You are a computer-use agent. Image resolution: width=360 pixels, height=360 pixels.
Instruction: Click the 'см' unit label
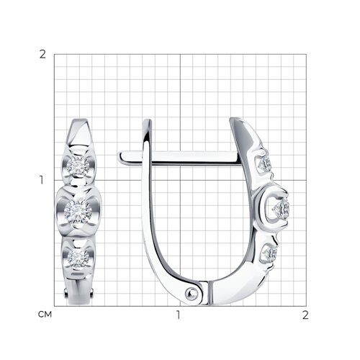coord(45,315)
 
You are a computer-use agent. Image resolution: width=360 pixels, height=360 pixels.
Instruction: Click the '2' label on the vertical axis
coord(42,55)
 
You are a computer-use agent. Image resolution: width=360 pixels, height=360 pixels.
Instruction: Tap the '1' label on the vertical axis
coord(42,180)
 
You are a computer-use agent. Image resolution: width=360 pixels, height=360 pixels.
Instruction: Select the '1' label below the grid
coord(178,315)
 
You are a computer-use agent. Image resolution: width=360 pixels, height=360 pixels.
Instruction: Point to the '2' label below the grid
coord(305,315)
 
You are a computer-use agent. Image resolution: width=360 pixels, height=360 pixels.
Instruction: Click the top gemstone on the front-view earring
coord(78,166)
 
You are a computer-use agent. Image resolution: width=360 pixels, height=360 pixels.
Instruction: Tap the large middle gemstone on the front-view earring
coord(78,212)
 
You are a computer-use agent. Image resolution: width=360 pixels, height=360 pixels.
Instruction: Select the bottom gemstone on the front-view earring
coord(78,258)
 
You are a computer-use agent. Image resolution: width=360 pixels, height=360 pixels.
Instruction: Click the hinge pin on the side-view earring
coord(192,293)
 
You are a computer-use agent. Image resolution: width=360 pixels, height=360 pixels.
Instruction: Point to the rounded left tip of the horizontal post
coord(120,158)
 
